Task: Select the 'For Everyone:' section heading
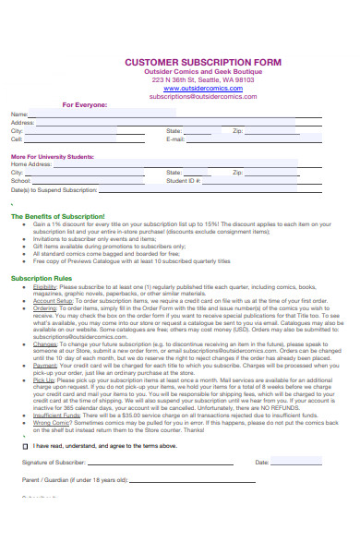[x=84, y=104]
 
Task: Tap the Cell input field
[x=92, y=138]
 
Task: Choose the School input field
[x=92, y=180]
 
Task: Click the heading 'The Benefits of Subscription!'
[x=58, y=216]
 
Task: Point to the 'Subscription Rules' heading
[x=42, y=277]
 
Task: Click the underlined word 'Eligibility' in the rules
[x=45, y=286]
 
